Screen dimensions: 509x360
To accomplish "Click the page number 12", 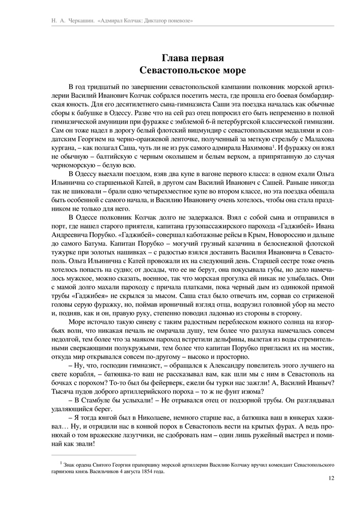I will point(331,478).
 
